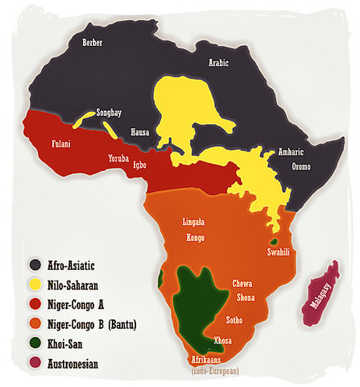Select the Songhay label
click(x=110, y=113)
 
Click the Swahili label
click(x=275, y=252)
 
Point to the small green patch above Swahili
click(x=274, y=241)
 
